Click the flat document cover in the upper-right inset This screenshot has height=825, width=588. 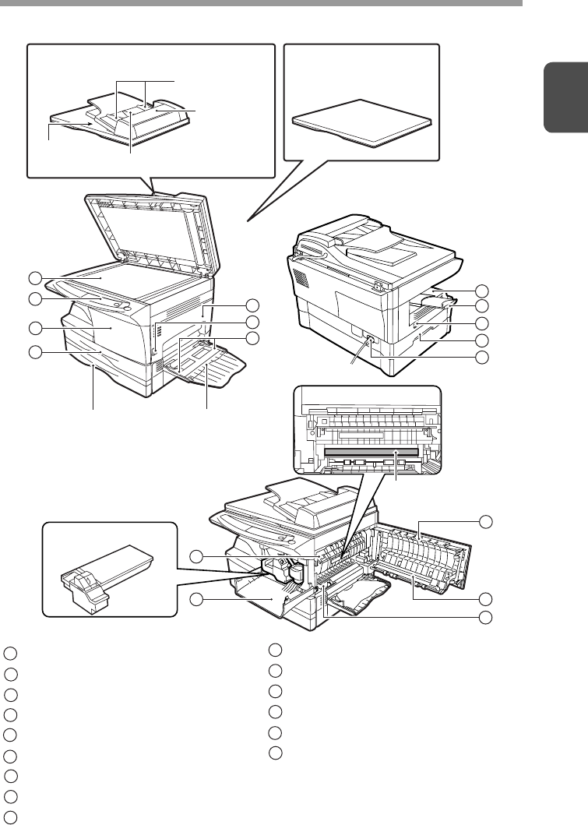pos(361,122)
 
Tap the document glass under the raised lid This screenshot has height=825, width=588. pos(117,273)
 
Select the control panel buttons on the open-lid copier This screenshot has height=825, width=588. pos(117,300)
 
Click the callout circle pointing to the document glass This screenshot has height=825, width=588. pos(33,278)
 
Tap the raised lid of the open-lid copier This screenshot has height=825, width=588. pos(148,226)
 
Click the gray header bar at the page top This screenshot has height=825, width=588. pos(261,3)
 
